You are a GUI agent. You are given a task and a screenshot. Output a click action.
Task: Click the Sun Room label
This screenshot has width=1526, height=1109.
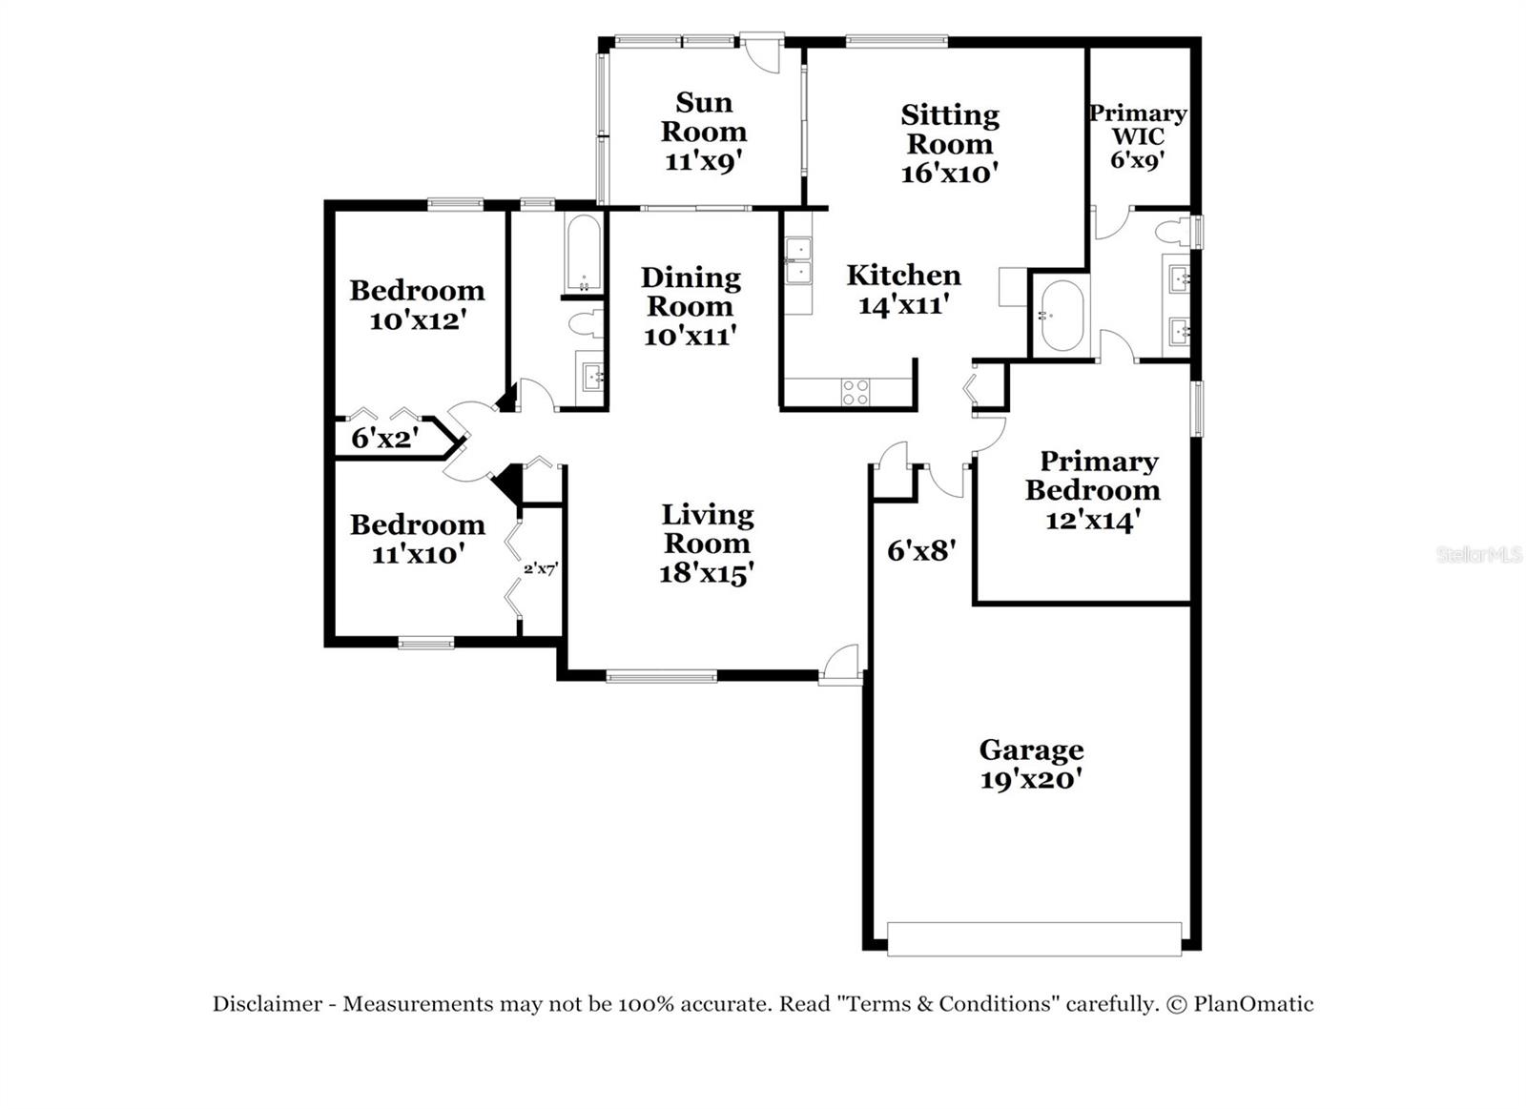coord(704,116)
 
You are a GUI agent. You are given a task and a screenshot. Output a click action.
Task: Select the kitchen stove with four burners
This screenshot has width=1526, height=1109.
coord(855,391)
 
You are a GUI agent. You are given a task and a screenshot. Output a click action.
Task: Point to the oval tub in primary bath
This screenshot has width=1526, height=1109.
coord(1061,315)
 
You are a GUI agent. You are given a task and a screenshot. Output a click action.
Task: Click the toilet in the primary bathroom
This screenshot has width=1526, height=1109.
coord(1175,232)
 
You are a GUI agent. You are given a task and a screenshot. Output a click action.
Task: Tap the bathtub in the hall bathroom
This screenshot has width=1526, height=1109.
coord(583,253)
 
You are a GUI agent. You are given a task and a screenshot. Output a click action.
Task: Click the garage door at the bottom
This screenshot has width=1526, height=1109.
coord(1034,938)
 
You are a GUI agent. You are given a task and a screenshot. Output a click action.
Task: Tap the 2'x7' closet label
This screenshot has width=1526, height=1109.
coord(540,569)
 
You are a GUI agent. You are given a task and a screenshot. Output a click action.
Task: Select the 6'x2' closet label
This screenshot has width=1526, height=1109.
coord(384,439)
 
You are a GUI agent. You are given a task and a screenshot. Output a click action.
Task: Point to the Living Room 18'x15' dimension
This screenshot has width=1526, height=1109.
coord(707,573)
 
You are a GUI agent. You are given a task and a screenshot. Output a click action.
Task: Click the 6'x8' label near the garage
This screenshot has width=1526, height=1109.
coord(921,550)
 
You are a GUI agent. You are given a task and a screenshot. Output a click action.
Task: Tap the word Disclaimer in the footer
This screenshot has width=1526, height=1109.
coord(267,1004)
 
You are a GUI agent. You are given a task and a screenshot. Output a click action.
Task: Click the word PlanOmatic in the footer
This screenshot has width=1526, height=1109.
coord(1253,1004)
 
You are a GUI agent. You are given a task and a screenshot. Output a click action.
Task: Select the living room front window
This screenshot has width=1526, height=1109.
coord(661,677)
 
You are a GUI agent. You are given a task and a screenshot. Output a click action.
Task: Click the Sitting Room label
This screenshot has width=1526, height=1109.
coord(950,130)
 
